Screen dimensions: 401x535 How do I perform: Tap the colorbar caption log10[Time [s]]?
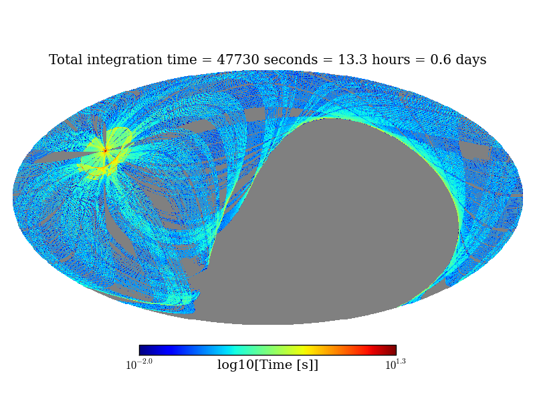point(267,365)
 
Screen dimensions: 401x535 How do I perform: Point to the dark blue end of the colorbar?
point(142,350)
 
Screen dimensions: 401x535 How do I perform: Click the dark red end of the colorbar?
point(393,350)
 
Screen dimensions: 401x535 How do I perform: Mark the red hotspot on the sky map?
point(105,150)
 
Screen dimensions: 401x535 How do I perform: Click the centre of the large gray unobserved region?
point(334,221)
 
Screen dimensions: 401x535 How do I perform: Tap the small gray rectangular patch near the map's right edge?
point(474,150)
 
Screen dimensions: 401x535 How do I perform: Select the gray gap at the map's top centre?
point(255,114)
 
